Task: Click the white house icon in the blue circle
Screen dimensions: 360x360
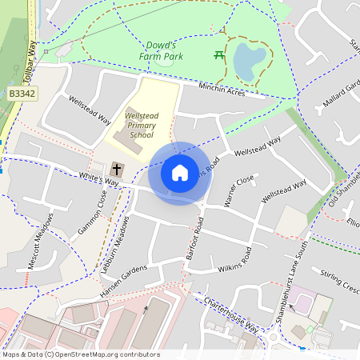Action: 180,173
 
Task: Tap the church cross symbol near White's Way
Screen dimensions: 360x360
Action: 118,170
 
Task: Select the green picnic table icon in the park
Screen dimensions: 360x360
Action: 218,55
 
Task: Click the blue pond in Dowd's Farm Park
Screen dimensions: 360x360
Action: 249,60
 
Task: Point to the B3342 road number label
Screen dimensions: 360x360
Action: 22,94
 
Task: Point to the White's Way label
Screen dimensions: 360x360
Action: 98,179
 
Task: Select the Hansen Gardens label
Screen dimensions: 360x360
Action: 124,282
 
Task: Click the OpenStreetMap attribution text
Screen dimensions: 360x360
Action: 81,354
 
